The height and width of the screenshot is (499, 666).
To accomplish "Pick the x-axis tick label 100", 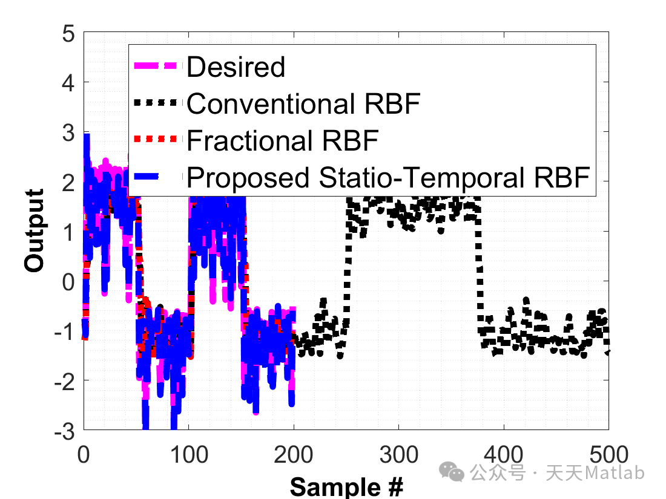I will pos(188,454).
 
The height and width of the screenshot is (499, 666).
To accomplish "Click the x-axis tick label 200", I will pos(294,454).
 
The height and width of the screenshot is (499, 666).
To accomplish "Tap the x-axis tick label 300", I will pos(398,454).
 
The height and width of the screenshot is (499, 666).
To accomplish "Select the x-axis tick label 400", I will pos(504,454).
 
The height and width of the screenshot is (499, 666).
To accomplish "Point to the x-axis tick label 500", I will pos(608,454).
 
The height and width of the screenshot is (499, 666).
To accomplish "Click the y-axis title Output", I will pos(35,231).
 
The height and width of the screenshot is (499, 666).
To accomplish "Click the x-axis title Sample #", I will pos(346,486).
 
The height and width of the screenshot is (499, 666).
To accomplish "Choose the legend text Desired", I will pos(236,67).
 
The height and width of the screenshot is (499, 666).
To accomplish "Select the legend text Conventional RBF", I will pos(303,104).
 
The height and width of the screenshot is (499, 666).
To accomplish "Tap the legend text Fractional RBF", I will pos(282,140).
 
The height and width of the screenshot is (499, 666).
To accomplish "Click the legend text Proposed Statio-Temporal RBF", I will pos(388,178).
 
